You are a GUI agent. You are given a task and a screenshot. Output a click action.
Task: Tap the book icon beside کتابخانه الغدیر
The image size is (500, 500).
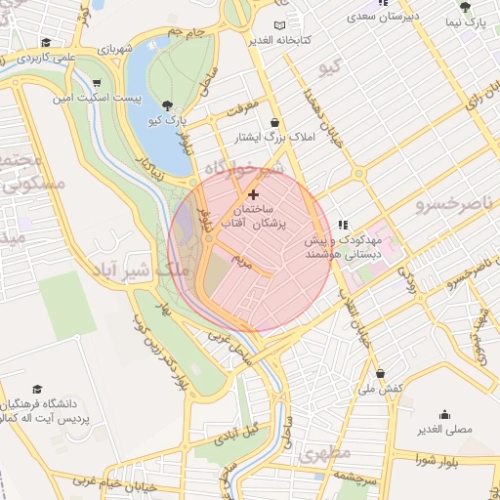(x=281, y=24)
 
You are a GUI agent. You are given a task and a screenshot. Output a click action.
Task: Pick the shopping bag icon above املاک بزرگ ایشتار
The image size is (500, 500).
(x=274, y=122)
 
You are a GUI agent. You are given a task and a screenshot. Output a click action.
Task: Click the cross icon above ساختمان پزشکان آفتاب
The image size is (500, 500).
(x=254, y=195)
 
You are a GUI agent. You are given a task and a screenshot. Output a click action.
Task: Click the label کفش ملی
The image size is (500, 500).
(x=379, y=389)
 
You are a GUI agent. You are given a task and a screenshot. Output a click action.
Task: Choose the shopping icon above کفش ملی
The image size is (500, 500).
(x=379, y=374)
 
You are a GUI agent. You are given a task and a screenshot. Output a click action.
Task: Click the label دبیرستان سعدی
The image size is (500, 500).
(x=388, y=17)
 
